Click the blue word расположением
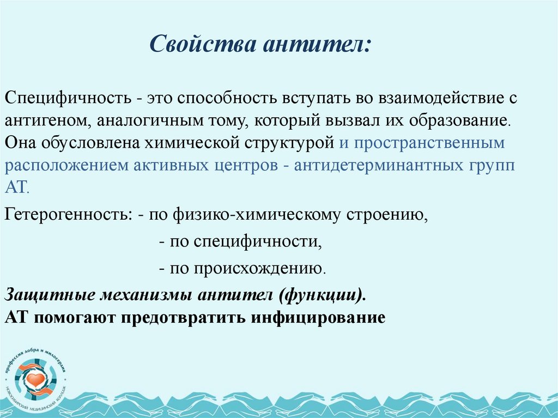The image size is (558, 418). (x=65, y=166)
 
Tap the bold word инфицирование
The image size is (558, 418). (x=318, y=317)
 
